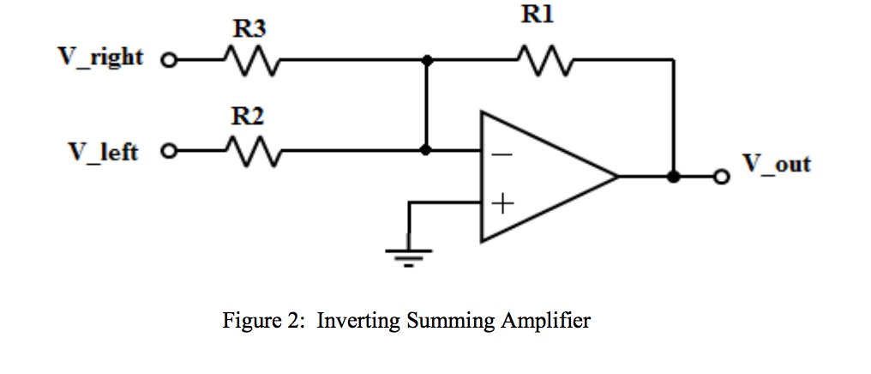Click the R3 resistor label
click(x=249, y=30)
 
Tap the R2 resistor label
click(x=248, y=118)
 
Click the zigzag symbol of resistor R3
click(x=249, y=61)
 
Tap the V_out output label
click(x=776, y=164)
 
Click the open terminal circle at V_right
click(x=169, y=62)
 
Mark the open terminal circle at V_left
click(x=169, y=151)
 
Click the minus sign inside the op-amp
click(x=502, y=155)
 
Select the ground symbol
click(x=409, y=254)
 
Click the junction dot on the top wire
click(x=426, y=61)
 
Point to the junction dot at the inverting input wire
click(x=426, y=150)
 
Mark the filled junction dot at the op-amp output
click(x=674, y=177)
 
